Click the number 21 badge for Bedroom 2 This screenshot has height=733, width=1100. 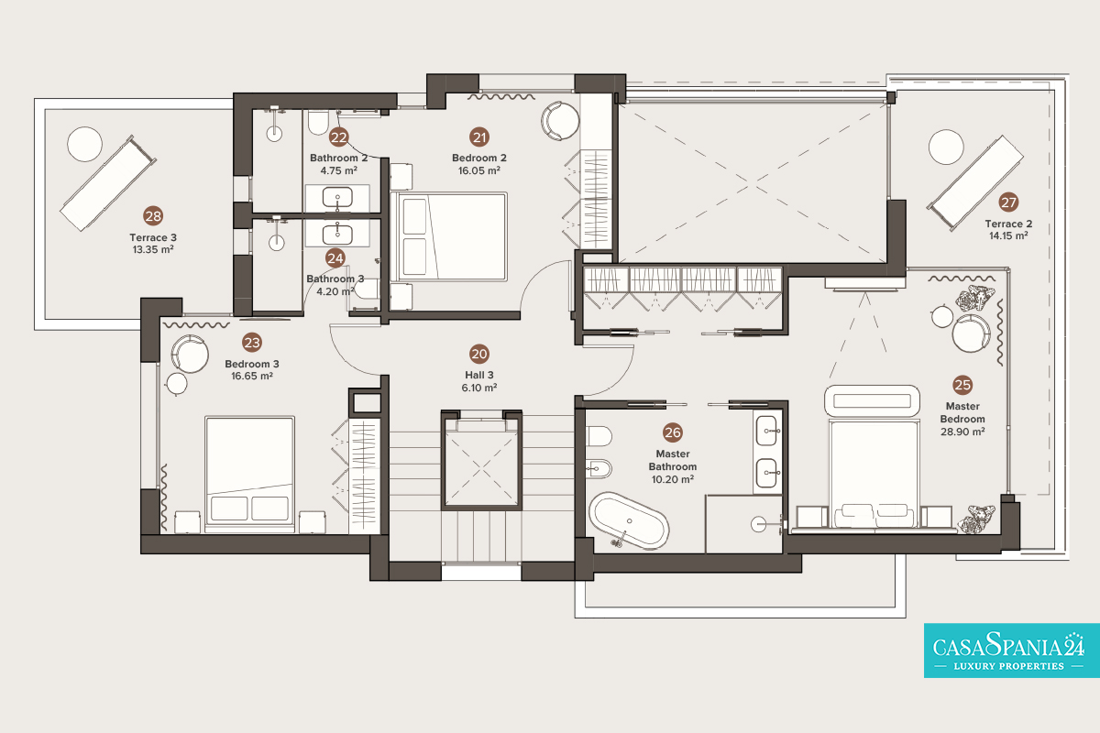pos(479,137)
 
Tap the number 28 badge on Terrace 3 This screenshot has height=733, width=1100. pos(153,216)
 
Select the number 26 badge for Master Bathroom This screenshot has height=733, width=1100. pos(672,432)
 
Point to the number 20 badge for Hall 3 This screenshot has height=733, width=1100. pos(479,354)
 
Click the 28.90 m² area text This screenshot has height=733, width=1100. pos(962,432)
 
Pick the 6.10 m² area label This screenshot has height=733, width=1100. pos(479,388)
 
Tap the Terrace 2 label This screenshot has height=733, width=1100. pos(1008,224)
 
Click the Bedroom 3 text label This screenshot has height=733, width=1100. pos(252,364)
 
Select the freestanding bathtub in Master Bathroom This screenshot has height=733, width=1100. pos(629,520)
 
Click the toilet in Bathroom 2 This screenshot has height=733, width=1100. pos(318,122)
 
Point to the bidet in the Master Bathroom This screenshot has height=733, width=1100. pos(599,468)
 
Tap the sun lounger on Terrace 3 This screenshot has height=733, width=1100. pos(108,182)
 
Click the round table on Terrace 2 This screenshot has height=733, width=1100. pos(946,147)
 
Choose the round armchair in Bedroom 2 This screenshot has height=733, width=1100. pos(560,121)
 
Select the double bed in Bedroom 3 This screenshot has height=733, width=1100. pos(250,475)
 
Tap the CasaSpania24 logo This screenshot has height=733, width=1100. pos(1012,651)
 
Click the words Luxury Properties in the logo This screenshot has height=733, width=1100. pos(1008,666)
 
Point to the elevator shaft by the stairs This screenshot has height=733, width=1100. pos(481,461)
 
